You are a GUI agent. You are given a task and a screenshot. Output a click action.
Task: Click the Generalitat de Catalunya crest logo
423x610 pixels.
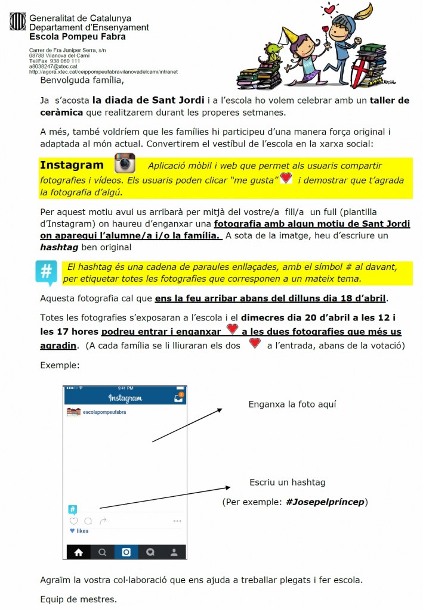(17, 22)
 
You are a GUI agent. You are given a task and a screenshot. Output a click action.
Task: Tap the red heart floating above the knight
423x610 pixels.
(329, 8)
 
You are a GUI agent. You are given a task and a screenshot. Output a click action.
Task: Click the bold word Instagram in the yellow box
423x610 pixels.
(72, 165)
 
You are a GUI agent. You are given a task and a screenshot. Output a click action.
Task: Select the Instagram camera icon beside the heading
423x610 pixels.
(125, 163)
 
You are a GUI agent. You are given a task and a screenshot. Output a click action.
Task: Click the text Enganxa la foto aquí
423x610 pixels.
(292, 404)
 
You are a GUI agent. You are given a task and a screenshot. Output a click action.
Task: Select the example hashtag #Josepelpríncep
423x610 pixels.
(325, 502)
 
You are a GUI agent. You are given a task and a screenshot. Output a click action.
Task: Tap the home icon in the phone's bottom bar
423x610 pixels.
(78, 552)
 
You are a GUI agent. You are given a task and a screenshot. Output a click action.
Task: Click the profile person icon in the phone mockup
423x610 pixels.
(174, 552)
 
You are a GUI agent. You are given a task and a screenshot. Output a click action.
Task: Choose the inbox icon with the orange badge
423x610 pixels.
(177, 398)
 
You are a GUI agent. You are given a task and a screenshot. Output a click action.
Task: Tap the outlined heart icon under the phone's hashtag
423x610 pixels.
(73, 521)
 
